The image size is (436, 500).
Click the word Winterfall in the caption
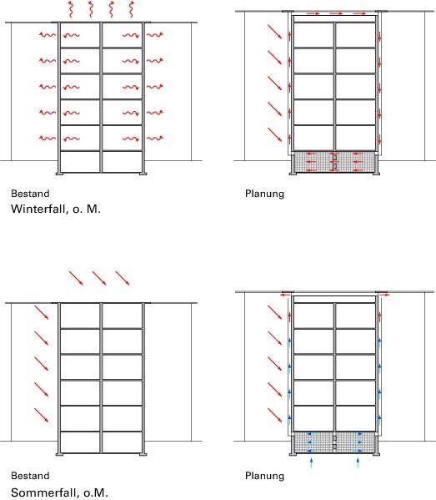point(38,210)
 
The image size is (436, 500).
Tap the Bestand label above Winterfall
point(30,194)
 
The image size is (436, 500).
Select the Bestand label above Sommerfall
point(30,476)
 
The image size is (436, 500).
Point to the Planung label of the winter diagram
point(264,194)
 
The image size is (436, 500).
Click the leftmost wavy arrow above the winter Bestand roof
point(70,9)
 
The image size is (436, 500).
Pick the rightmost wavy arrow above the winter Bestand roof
point(131,9)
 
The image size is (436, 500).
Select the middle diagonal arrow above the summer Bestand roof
point(99,278)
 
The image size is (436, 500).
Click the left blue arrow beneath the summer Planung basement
point(311,462)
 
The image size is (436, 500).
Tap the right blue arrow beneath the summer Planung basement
point(358,462)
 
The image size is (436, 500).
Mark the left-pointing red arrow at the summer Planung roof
point(285,295)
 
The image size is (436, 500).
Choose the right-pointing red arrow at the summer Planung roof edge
point(384,295)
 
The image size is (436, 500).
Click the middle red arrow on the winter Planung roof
point(336,13)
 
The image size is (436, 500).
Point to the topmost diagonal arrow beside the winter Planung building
point(274,32)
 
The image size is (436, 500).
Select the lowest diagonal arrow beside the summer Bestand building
point(42,415)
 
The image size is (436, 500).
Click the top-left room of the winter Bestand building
point(80,35)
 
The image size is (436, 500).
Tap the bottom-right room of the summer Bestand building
point(123,442)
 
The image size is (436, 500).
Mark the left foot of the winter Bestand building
point(59,174)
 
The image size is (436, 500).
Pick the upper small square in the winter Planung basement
point(334,158)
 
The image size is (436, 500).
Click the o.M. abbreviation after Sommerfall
point(96,492)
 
